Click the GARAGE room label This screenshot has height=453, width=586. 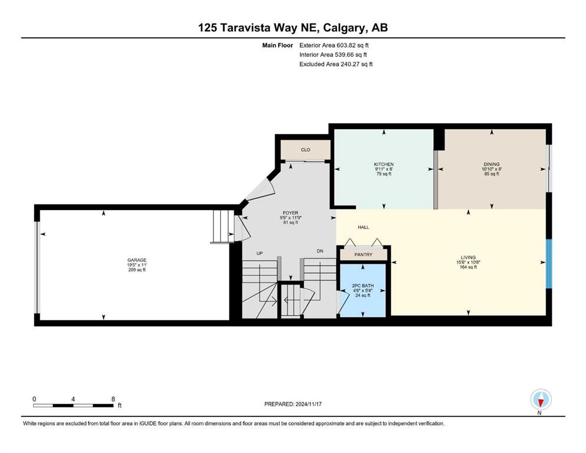click(137, 260)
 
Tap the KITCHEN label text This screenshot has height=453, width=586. click(384, 165)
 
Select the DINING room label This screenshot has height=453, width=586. click(492, 165)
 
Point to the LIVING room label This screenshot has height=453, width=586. click(468, 257)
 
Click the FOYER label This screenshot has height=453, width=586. click(290, 213)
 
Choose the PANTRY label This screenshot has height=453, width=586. click(364, 255)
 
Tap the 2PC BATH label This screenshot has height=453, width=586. click(362, 285)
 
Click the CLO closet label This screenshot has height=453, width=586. click(305, 150)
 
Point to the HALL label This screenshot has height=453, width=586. click(364, 227)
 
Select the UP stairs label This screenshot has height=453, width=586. click(260, 253)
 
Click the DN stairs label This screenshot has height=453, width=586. click(320, 251)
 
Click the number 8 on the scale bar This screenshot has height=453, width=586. click(113, 399)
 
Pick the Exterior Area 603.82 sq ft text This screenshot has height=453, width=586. click(334, 45)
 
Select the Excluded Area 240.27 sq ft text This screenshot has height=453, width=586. click(336, 64)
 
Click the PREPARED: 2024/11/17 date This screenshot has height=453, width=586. click(293, 404)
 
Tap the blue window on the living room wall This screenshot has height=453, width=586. click(549, 264)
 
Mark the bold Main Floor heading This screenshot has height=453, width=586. click(277, 45)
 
